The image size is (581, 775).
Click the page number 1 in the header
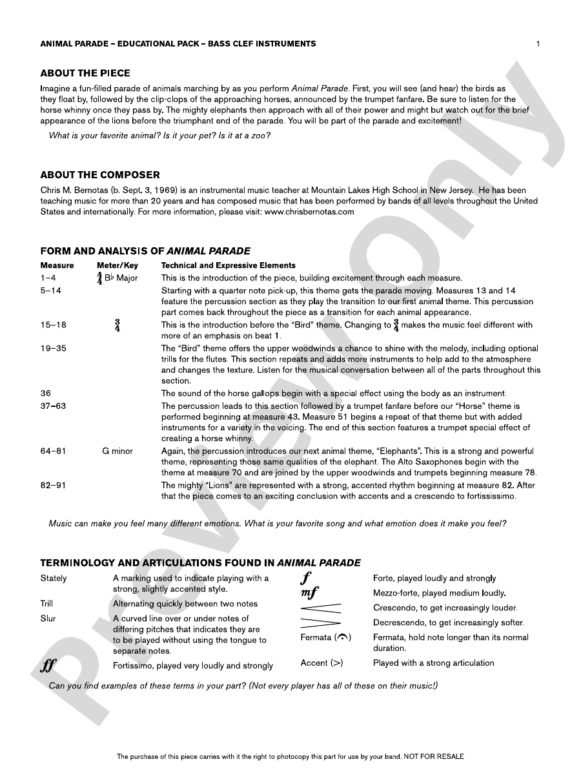click(538, 44)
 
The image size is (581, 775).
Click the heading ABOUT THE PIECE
click(85, 73)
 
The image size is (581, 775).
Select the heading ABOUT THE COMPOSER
click(100, 175)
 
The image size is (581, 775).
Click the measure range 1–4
click(49, 278)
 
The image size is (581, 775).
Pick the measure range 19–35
click(54, 349)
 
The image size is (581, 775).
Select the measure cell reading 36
click(45, 393)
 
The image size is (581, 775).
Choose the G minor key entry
click(117, 451)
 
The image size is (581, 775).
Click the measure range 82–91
click(54, 485)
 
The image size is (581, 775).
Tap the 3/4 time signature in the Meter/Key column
click(117, 325)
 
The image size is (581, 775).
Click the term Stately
click(54, 578)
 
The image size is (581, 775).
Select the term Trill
click(46, 604)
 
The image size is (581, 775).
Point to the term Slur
click(48, 619)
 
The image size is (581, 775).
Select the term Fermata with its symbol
click(326, 637)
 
